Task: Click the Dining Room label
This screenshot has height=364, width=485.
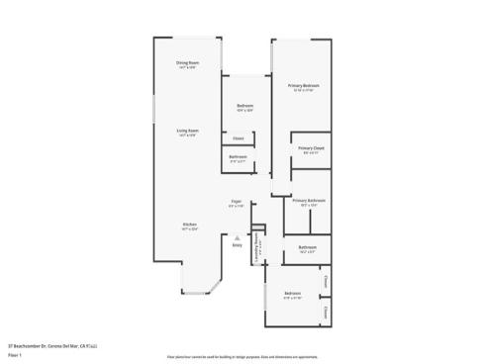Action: pyautogui.click(x=186, y=63)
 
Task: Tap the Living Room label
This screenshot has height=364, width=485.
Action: pyautogui.click(x=186, y=131)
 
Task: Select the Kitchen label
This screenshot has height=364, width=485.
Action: pyautogui.click(x=188, y=224)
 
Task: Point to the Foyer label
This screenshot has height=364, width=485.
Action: pyautogui.click(x=236, y=201)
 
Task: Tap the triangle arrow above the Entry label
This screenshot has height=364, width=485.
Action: pyautogui.click(x=237, y=236)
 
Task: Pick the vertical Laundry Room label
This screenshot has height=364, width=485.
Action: pyautogui.click(x=256, y=242)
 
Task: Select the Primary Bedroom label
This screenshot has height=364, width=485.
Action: pyautogui.click(x=302, y=86)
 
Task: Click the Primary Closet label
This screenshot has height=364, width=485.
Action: pyautogui.click(x=311, y=148)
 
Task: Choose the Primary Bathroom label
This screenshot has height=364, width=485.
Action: pyautogui.click(x=308, y=200)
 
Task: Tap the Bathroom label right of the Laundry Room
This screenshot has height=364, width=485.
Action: pyautogui.click(x=307, y=247)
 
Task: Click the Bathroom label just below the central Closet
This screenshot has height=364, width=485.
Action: pyautogui.click(x=239, y=156)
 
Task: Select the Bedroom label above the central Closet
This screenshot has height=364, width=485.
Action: pyautogui.click(x=244, y=106)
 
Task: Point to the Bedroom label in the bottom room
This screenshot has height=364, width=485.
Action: pyautogui.click(x=292, y=294)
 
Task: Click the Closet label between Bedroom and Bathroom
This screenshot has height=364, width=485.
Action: pyautogui.click(x=239, y=138)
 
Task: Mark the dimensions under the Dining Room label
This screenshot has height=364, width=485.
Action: pyautogui.click(x=186, y=68)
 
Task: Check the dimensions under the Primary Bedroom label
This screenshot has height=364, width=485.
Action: pyautogui.click(x=302, y=91)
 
